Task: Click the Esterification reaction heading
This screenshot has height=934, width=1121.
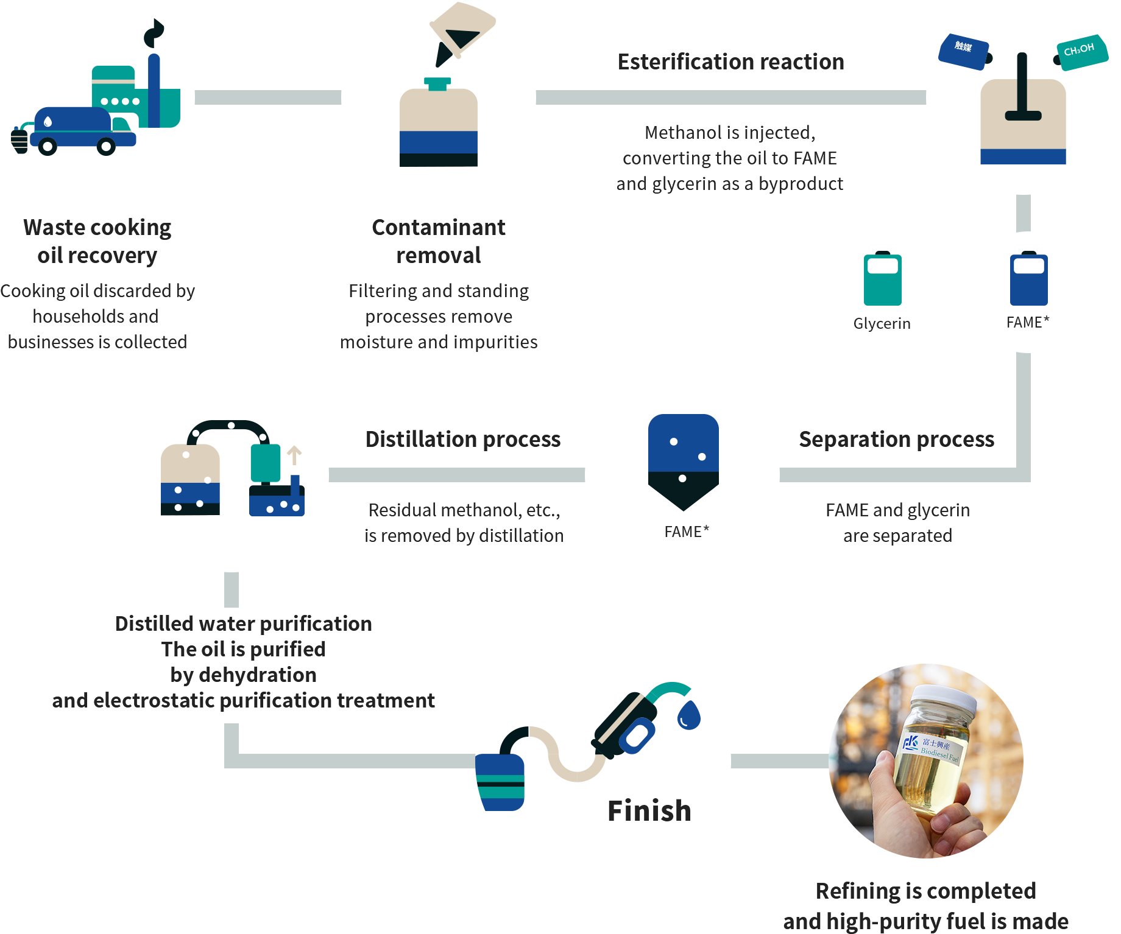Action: click(x=730, y=62)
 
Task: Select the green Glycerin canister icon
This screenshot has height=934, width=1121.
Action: click(x=882, y=279)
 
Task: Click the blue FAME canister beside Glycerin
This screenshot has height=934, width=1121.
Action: click(x=1028, y=279)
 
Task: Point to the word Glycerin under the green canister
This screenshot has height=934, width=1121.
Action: click(x=882, y=323)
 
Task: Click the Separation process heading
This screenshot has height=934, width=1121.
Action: click(x=896, y=439)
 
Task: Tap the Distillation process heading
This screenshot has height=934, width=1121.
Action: click(x=462, y=439)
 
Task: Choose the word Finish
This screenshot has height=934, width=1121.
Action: click(x=649, y=811)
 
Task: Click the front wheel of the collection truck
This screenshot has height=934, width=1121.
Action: click(x=106, y=146)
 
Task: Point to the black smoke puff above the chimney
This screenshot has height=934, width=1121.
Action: click(x=154, y=33)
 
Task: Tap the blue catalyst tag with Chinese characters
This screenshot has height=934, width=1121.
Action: click(x=963, y=51)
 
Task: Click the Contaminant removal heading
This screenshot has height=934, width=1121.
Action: click(x=438, y=241)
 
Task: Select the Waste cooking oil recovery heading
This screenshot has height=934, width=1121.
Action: click(x=97, y=241)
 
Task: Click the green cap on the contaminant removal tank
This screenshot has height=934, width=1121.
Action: click(x=437, y=83)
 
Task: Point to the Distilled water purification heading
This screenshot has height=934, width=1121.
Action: click(x=243, y=623)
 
